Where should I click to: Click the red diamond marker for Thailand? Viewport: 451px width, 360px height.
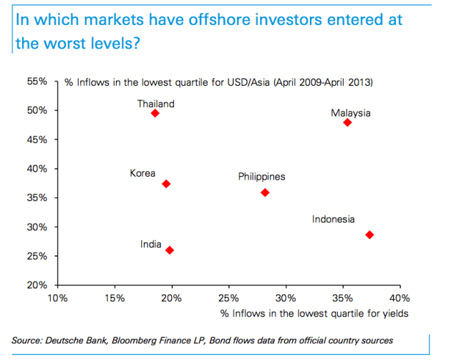(155, 114)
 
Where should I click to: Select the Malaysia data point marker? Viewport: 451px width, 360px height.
(347, 122)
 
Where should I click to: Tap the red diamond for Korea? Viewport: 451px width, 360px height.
(166, 184)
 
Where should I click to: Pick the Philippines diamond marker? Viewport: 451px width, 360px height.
(265, 193)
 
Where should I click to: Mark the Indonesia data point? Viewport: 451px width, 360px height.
(369, 235)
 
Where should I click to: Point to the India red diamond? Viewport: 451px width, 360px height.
(169, 250)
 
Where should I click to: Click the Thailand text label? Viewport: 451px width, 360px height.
(155, 104)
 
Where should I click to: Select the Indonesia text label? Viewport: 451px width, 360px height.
(333, 219)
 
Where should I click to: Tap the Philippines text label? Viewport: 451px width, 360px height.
(261, 176)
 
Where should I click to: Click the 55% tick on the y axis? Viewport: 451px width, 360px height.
(38, 82)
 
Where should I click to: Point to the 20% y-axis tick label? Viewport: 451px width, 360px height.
(38, 285)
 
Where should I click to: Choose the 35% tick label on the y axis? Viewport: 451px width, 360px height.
(38, 198)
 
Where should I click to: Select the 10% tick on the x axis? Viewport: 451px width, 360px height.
(57, 297)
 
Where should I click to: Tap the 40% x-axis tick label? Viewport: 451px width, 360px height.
(399, 297)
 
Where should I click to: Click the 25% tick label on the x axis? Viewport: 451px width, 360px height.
(228, 297)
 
